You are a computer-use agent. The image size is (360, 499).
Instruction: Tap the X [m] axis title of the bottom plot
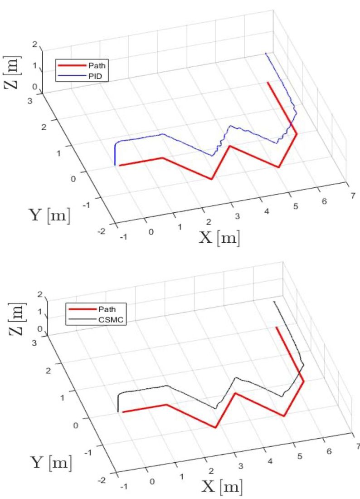pyautogui.click(x=222, y=487)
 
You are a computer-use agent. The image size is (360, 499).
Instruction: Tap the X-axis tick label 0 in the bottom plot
pyautogui.click(x=152, y=481)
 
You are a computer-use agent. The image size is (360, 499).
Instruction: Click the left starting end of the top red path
pyautogui.click(x=119, y=166)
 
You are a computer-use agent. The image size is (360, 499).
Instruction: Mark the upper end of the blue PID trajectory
pyautogui.click(x=266, y=53)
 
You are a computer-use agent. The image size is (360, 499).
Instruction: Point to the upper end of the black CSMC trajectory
pyautogui.click(x=273, y=301)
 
